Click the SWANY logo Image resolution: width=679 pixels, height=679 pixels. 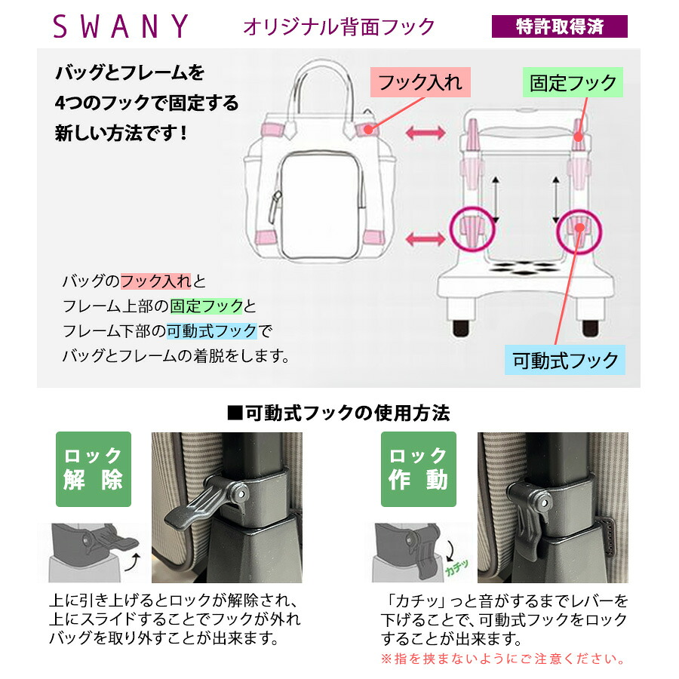(121, 26)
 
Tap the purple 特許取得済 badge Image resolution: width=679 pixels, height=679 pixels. (559, 26)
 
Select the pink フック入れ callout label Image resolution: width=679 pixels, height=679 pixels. (420, 82)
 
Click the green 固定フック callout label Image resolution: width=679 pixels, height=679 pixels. (573, 82)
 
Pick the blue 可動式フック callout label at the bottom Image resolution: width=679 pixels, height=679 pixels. (564, 360)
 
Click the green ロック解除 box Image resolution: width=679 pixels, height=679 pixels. (94, 469)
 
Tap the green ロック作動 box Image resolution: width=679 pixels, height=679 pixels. (418, 469)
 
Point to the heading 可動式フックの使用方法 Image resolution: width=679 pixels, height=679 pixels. (339, 413)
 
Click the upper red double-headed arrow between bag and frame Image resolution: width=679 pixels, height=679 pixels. (426, 133)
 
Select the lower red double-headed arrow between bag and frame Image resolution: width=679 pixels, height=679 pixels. (426, 238)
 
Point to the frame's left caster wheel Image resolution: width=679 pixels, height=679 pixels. (461, 328)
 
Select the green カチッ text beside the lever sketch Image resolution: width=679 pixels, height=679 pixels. (457, 567)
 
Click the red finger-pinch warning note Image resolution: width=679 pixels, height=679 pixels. (503, 659)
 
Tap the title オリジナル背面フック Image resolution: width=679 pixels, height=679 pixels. (339, 27)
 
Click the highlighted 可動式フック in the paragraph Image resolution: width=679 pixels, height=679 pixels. (212, 331)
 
